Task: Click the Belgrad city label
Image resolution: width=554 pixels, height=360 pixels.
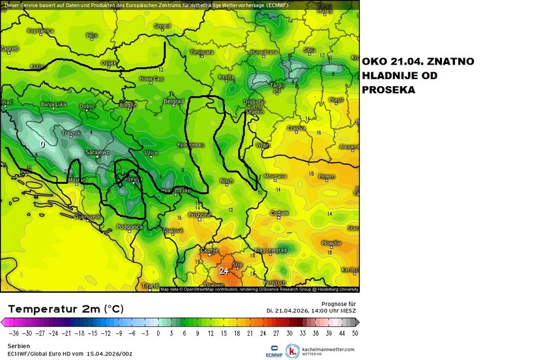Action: click(x=173, y=102)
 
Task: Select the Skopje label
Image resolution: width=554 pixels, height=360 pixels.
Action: click(x=209, y=250)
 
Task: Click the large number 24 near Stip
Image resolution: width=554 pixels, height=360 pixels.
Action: click(x=224, y=270)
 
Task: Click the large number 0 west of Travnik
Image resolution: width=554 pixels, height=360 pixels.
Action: click(x=43, y=143)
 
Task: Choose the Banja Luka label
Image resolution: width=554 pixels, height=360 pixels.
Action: click(x=55, y=104)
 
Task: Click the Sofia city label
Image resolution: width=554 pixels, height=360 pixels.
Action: click(x=280, y=213)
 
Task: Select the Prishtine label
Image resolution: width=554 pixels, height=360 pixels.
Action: click(x=200, y=214)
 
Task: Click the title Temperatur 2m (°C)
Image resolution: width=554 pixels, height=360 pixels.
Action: click(x=65, y=308)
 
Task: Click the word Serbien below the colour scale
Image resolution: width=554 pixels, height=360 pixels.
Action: click(x=19, y=346)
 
